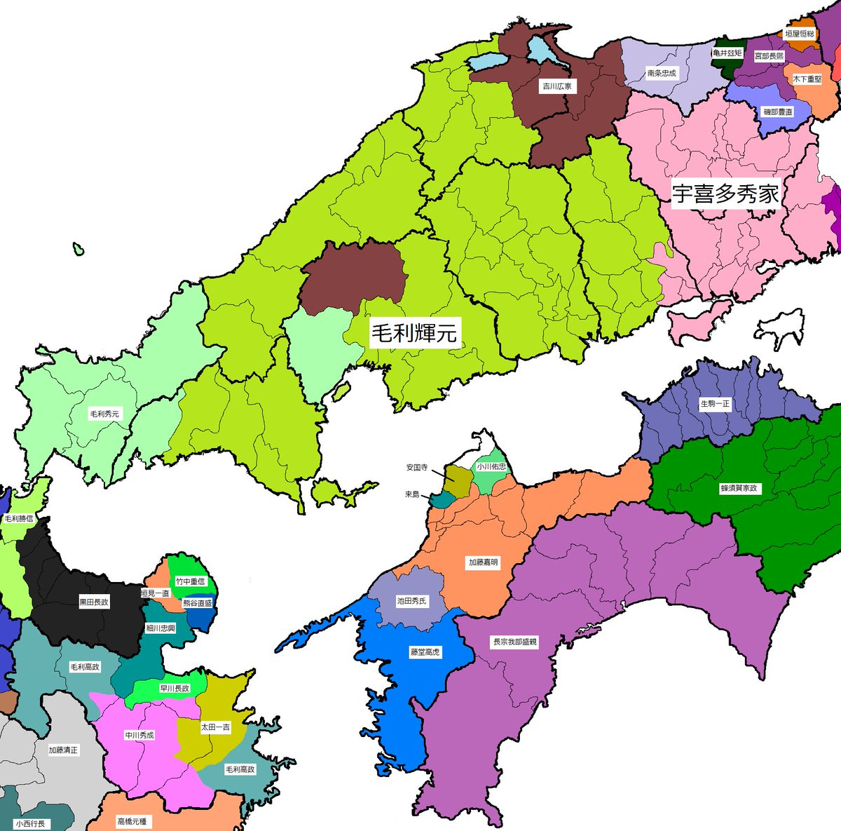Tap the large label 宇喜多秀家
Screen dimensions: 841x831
point(725,194)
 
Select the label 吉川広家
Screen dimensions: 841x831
point(557,87)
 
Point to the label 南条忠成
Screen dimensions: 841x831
point(662,73)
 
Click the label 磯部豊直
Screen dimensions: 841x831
point(778,112)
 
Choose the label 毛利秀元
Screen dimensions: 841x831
point(104,414)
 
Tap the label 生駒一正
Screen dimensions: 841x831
point(715,404)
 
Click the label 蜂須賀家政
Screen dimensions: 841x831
point(739,488)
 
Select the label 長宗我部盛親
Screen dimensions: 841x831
point(515,641)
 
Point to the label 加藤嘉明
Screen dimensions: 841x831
point(484,562)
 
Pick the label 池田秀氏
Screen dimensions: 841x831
point(411,601)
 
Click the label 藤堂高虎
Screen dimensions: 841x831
point(425,651)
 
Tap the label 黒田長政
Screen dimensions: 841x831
point(94,602)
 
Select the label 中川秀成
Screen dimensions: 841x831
point(139,735)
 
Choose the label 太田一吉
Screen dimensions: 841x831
point(215,727)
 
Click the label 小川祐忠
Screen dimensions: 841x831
point(491,466)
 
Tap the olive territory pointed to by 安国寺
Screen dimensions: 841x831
point(460,480)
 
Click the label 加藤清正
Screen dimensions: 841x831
point(64,750)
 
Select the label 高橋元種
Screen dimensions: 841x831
point(132,821)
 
